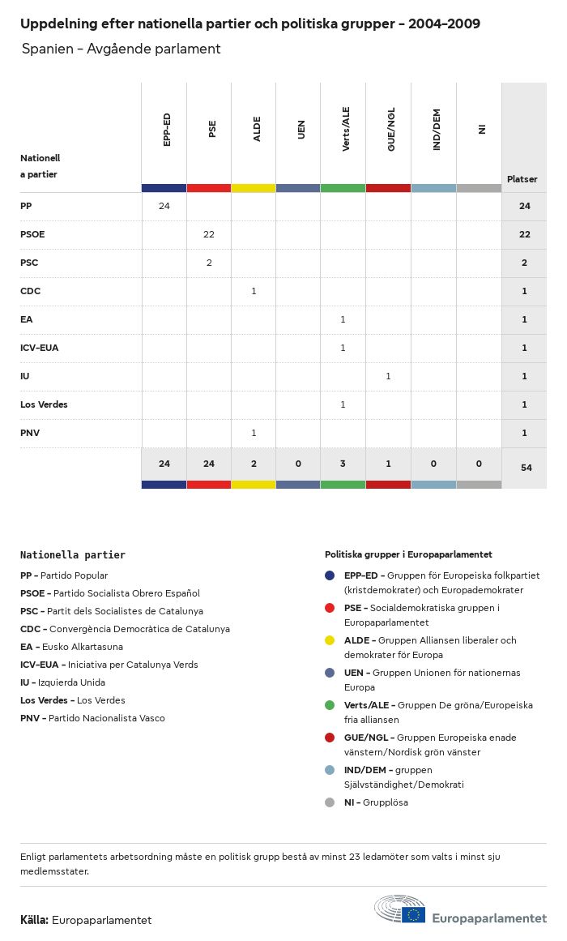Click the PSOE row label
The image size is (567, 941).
32,234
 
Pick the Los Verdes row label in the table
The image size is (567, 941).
45,404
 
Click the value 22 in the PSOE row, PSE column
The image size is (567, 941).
209,234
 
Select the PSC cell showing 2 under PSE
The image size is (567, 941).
209,263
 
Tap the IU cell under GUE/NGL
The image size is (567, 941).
388,376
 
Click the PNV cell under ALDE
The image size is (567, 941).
254,433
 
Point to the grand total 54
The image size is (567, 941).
526,468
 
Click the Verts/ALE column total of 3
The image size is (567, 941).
343,464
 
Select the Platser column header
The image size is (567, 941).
522,179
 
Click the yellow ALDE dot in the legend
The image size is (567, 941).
330,640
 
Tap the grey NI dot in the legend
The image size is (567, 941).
330,802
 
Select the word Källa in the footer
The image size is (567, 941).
34,920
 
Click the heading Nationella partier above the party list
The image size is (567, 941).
73,555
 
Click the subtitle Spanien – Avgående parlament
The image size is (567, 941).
122,49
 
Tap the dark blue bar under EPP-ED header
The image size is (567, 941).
164,188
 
